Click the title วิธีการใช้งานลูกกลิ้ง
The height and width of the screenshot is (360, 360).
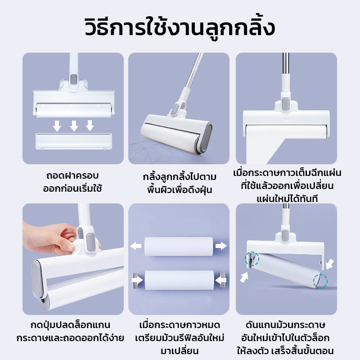pyautogui.click(x=180, y=28)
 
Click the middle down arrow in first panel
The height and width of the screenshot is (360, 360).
pyautogui.click(x=74, y=126)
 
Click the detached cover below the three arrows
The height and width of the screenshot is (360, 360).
pyautogui.click(x=74, y=141)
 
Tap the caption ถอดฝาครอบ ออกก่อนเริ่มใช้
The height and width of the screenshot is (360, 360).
pyautogui.click(x=72, y=182)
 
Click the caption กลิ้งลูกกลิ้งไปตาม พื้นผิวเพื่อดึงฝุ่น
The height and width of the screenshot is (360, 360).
pyautogui.click(x=180, y=184)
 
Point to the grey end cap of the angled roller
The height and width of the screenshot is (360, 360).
pyautogui.click(x=206, y=137)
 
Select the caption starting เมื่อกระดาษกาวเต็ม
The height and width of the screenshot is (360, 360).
pyautogui.click(x=287, y=186)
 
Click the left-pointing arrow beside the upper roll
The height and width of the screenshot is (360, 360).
pyautogui.click(x=136, y=246)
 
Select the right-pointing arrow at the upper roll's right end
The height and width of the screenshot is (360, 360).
pyautogui.click(x=221, y=246)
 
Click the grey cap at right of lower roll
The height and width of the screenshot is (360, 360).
pyautogui.click(x=222, y=279)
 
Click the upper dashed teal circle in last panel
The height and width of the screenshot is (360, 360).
pyautogui.click(x=252, y=259)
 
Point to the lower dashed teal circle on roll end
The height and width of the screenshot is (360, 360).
pyautogui.click(x=320, y=281)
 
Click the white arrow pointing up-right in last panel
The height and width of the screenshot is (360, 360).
pyautogui.click(x=244, y=277)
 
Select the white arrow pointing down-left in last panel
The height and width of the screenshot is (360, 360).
pyautogui.click(x=330, y=264)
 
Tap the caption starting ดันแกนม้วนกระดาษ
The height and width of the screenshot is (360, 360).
pyautogui.click(x=285, y=338)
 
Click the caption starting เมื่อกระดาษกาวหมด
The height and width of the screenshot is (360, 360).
pyautogui.click(x=180, y=338)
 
